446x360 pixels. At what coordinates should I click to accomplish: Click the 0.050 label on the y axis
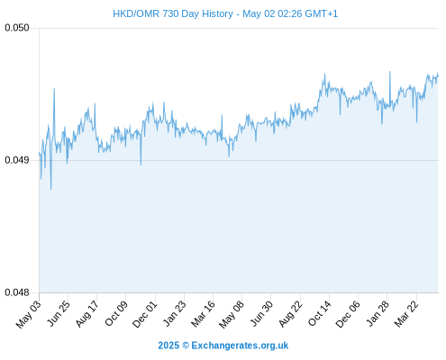click(17, 28)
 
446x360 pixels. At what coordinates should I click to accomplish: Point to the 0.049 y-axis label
click(17, 160)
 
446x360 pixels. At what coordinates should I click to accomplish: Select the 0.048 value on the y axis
click(17, 292)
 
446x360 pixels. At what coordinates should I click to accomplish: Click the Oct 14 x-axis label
click(320, 313)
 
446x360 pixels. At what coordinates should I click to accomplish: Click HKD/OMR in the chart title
click(136, 13)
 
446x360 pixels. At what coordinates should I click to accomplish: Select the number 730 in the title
click(170, 13)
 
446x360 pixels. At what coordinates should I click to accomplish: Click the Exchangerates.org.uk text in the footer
click(240, 346)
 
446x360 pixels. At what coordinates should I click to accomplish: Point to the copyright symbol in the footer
click(186, 346)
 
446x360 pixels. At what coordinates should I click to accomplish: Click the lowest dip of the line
click(50, 190)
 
